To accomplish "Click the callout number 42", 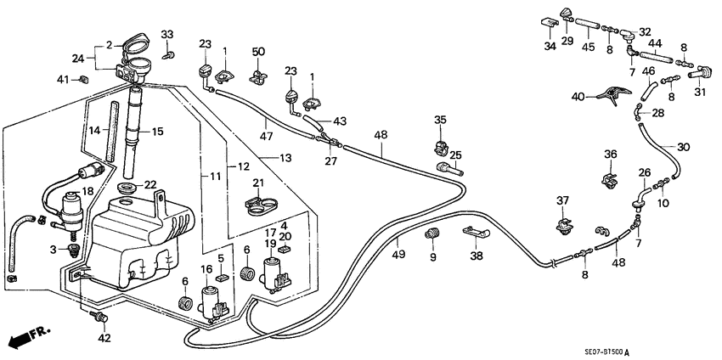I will (104, 338).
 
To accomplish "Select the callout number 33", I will (167, 35).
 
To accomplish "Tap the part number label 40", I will (578, 98).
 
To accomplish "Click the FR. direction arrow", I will (26, 339).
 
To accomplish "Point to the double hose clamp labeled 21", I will (264, 204).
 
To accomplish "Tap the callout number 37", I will (561, 200).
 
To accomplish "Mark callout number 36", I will (610, 154).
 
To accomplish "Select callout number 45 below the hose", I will (588, 47).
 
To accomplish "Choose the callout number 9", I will (432, 257).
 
